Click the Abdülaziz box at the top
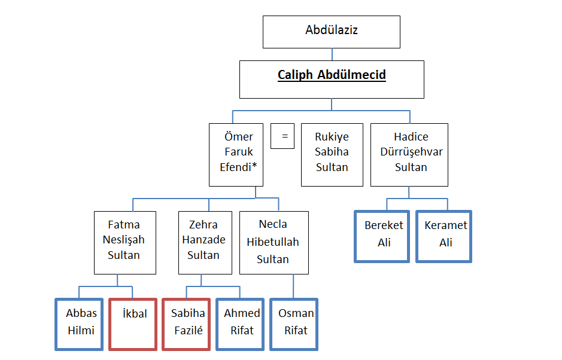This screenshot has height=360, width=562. [x=331, y=32]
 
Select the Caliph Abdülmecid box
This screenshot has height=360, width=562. [x=332, y=79]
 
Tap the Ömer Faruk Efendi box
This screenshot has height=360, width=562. [x=236, y=154]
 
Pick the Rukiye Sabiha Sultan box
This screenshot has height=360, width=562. [x=332, y=154]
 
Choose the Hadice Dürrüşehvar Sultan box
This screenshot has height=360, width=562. [x=411, y=154]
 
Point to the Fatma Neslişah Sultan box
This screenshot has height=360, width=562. [x=124, y=242]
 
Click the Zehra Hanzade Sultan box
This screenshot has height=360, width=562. [x=203, y=242]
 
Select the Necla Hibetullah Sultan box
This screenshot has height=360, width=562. [x=274, y=242]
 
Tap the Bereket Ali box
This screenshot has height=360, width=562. [x=382, y=236]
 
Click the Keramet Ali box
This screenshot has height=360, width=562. [x=444, y=236]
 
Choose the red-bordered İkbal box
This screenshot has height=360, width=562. [x=133, y=324]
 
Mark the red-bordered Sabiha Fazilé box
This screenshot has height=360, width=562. [x=187, y=324]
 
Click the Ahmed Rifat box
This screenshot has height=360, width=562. [x=241, y=324]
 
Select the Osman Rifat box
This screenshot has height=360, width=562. [x=294, y=324]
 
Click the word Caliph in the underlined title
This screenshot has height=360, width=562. [x=294, y=75]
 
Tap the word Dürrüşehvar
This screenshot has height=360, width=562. [x=411, y=152]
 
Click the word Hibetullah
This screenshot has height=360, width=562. [x=274, y=242]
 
